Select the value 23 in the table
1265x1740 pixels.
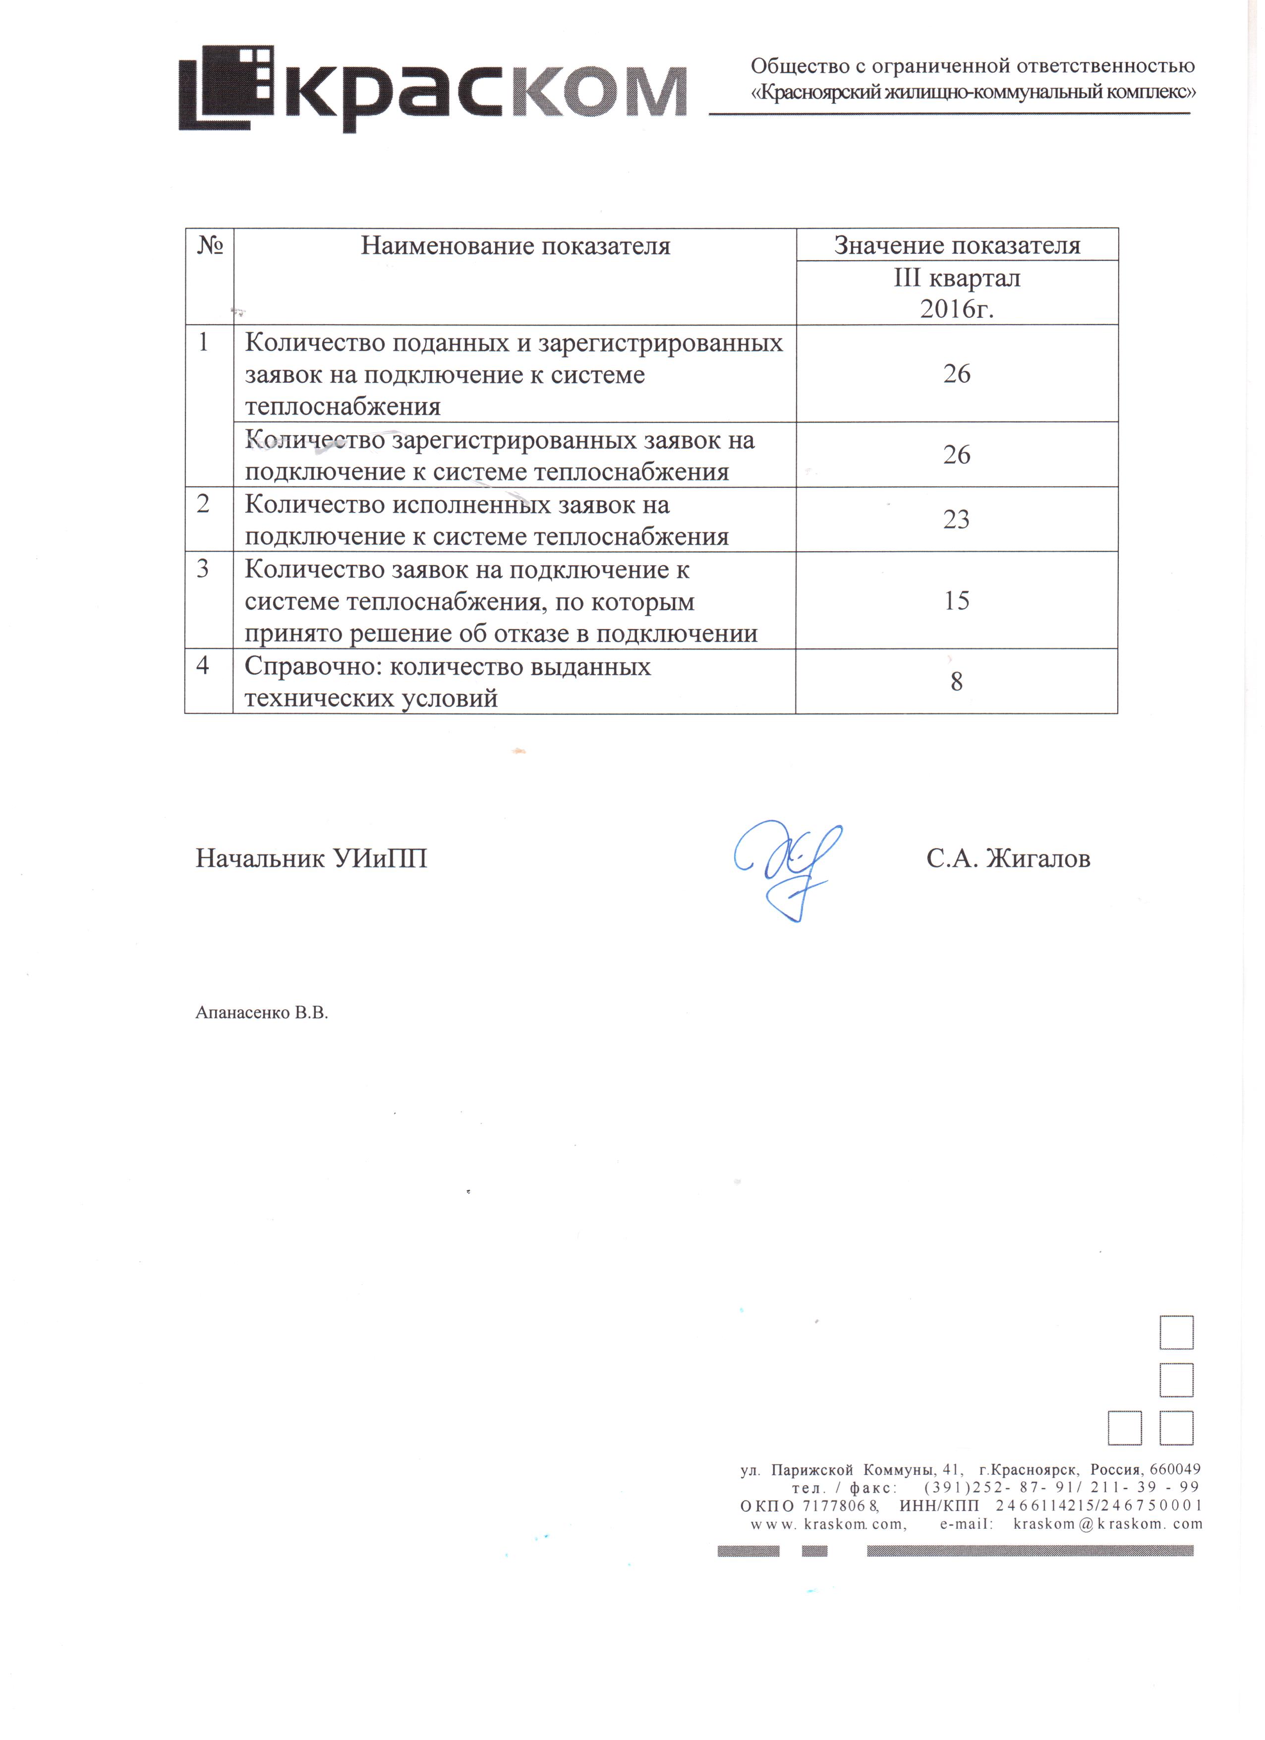(957, 520)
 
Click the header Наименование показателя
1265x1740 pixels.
(516, 246)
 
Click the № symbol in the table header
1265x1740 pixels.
(209, 245)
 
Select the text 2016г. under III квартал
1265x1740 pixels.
(957, 309)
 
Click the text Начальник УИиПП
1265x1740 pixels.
(311, 859)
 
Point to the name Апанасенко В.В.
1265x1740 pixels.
(262, 1013)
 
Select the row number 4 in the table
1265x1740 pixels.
(203, 665)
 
